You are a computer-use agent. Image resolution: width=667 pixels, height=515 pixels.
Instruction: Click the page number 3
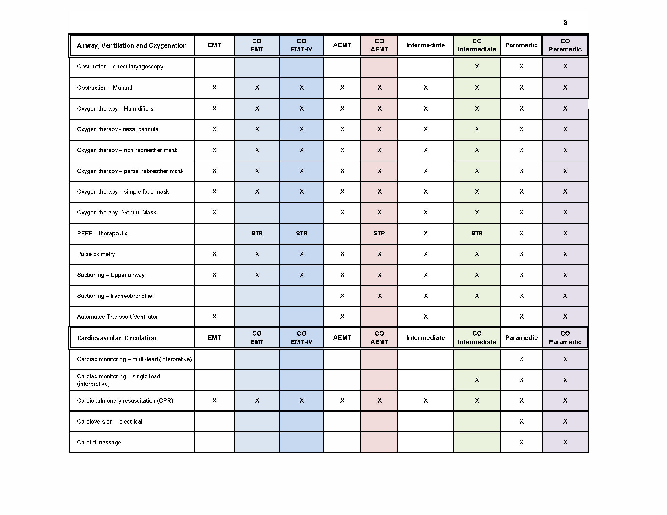click(565, 23)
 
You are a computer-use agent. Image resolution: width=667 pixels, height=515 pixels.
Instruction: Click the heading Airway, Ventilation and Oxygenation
click(132, 45)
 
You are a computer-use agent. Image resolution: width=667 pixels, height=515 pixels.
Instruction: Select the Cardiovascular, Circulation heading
click(117, 338)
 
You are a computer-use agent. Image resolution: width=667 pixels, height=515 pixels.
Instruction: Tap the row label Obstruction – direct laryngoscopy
click(120, 67)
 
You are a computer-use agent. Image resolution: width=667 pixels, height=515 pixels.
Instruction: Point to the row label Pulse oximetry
click(96, 254)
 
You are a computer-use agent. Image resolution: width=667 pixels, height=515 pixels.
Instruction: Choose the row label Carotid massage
click(99, 442)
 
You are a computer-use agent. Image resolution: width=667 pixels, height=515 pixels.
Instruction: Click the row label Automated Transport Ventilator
click(117, 317)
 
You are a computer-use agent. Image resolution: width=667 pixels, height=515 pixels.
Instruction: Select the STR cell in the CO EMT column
click(257, 233)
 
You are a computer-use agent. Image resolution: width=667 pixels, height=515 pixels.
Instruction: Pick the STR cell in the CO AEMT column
click(379, 233)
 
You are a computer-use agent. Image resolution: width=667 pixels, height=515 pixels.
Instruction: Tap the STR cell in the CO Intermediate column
click(477, 233)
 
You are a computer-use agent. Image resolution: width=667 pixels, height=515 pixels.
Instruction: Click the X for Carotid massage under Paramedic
click(521, 442)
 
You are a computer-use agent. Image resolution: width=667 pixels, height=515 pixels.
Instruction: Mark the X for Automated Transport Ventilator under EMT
click(214, 317)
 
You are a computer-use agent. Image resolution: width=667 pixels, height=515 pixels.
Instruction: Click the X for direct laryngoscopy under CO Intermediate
click(477, 67)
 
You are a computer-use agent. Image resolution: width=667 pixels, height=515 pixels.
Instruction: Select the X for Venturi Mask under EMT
click(214, 212)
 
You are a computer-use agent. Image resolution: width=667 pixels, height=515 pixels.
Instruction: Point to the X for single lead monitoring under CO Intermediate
click(477, 380)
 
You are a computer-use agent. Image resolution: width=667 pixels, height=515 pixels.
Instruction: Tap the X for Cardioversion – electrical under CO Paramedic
click(565, 421)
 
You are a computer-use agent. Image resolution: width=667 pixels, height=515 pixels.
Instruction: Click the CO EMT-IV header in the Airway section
click(301, 45)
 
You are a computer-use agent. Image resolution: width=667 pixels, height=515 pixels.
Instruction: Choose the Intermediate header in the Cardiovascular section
click(425, 338)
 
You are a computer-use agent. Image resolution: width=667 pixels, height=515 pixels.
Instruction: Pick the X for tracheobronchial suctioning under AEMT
click(342, 296)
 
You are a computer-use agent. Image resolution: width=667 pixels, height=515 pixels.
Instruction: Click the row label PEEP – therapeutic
click(102, 233)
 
